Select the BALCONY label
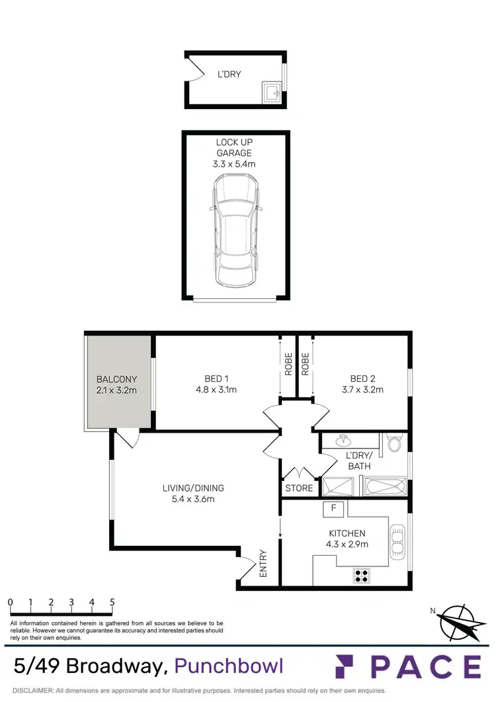tap(116, 380)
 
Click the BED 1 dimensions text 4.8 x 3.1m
tap(216, 390)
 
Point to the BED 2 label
tap(362, 379)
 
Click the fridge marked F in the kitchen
tap(334, 508)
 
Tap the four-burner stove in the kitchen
tap(361, 575)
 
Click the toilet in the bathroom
tap(395, 441)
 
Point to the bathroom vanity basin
tap(343, 440)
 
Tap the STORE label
tap(298, 489)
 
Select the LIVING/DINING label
tap(193, 488)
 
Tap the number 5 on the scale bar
tap(112, 602)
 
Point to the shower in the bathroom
tap(339, 488)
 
